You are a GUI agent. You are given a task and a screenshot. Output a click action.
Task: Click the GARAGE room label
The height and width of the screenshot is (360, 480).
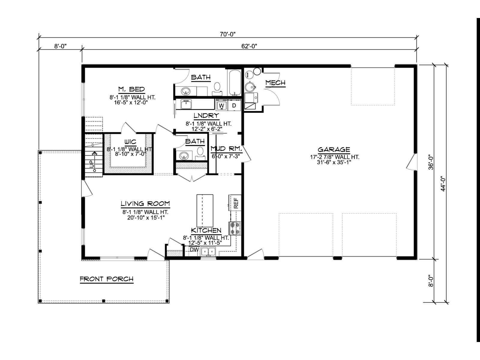pos(334,149)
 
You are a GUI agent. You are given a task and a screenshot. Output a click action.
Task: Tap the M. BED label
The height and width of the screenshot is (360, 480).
pos(131,89)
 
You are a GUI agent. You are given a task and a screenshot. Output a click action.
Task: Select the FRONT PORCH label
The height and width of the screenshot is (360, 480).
pos(106,279)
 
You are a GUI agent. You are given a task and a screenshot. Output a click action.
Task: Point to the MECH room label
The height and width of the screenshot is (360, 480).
pos(275,82)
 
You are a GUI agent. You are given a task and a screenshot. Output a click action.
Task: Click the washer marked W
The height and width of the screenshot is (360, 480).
pos(221,105)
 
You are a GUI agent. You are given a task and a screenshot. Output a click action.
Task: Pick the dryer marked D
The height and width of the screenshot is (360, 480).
pos(234,105)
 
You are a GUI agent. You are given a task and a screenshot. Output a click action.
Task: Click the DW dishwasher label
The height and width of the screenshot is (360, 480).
pos(194,250)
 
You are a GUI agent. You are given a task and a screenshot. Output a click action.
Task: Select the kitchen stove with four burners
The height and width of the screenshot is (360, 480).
pos(235,228)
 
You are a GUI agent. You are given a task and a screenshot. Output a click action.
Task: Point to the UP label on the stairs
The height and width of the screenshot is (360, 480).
pos(91,164)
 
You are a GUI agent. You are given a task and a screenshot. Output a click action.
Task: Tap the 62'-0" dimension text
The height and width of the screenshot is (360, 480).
pos(249,46)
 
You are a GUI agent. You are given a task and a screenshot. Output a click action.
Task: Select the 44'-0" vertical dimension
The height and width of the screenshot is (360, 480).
pos(443,184)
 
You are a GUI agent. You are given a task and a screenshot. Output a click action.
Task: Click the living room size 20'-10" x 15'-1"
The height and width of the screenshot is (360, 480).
pos(146,217)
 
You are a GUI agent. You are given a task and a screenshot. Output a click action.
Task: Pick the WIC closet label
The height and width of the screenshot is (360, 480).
pos(130,142)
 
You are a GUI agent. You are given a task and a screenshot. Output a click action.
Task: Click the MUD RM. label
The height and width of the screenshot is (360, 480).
pos(226,149)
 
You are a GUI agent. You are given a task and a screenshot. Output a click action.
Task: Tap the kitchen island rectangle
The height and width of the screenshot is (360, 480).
pos(205,211)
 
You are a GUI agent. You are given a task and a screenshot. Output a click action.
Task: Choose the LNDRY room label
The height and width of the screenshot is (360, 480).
pos(206,115)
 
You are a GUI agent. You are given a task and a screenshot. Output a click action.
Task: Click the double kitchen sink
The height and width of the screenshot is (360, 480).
pos(208,252)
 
